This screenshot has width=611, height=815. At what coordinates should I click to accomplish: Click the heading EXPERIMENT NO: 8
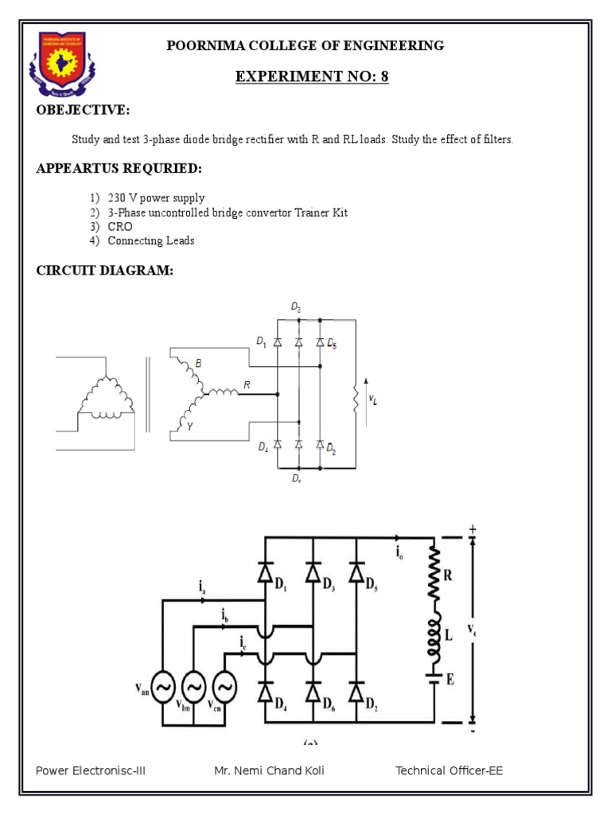click(x=312, y=76)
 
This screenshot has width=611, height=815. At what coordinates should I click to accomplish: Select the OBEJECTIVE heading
click(x=82, y=110)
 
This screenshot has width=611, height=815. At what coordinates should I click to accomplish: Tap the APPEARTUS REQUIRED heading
click(x=119, y=169)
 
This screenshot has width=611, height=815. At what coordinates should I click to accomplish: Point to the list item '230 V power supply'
click(x=156, y=198)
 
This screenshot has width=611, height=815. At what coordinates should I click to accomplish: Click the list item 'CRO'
click(x=121, y=227)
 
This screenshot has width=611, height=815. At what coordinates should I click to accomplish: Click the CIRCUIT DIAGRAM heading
click(x=104, y=271)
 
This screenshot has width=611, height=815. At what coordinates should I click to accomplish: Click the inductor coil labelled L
click(x=434, y=634)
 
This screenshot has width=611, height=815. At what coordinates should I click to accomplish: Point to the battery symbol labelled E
click(x=434, y=679)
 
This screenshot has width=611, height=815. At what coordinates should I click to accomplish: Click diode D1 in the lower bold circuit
click(x=265, y=573)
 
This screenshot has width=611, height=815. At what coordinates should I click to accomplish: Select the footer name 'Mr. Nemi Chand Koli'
click(x=269, y=770)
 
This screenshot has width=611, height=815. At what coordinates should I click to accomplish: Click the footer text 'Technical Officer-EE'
click(x=449, y=770)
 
